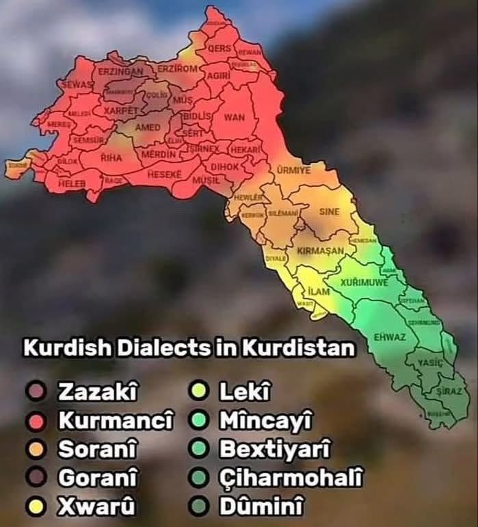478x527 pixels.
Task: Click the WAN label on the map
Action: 234,118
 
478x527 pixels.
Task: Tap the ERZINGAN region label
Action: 121,71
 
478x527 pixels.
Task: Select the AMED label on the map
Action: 148,127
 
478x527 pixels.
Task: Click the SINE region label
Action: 329,212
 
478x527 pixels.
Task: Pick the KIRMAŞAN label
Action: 320,251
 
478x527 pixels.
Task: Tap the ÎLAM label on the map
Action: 319,292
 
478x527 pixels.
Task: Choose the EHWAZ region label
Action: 390,337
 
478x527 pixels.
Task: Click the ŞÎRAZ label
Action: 449,392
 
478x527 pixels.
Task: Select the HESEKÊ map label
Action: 165,175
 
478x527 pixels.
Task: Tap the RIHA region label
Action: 111,157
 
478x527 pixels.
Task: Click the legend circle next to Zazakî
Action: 39,392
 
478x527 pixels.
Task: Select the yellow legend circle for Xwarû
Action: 39,506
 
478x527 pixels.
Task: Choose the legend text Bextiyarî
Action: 274,450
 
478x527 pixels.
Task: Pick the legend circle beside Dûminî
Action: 199,506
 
